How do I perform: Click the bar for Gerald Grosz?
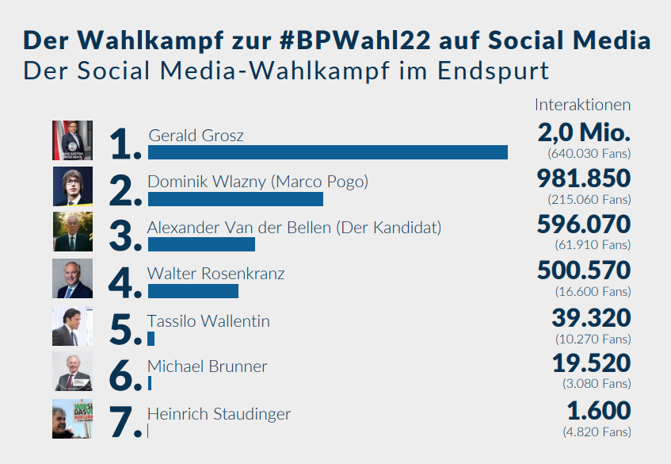(327, 152)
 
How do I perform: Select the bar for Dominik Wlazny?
(235, 198)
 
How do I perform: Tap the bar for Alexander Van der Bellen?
(201, 244)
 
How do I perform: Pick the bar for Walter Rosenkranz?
(193, 291)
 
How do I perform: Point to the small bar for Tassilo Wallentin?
(151, 338)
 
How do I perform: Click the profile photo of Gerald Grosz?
(72, 140)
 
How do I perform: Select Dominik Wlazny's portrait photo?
(72, 186)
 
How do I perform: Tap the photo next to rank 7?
(72, 419)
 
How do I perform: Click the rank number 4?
(125, 283)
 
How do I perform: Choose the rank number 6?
(125, 376)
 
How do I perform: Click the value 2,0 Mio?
(584, 132)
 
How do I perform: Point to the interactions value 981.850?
(584, 178)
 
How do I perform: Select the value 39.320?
(591, 318)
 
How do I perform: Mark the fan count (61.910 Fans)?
(589, 245)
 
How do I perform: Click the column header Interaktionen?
(582, 105)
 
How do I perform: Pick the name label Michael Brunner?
(208, 366)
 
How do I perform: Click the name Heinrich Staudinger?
(219, 414)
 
